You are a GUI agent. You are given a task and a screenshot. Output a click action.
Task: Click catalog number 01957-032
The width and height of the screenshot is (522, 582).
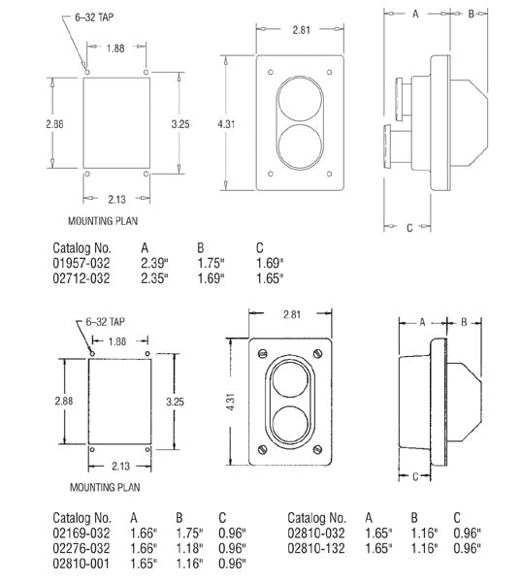(x=82, y=263)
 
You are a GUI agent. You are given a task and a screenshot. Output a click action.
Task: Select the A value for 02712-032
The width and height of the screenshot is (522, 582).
(x=154, y=278)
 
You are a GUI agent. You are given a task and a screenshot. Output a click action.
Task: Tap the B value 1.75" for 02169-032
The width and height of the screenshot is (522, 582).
(x=189, y=533)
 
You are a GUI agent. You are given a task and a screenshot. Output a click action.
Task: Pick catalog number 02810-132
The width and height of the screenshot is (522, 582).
(x=316, y=548)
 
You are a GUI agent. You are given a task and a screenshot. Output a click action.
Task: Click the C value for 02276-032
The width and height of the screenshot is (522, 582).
(x=232, y=548)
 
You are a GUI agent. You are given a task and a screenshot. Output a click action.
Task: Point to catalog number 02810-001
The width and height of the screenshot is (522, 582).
(x=82, y=563)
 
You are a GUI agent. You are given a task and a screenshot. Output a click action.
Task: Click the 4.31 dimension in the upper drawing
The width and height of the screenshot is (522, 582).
(x=226, y=123)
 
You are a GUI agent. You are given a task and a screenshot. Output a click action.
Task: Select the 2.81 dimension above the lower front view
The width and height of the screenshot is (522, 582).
(x=292, y=314)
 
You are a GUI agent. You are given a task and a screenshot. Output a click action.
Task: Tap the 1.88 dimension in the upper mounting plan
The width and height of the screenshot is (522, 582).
(x=115, y=48)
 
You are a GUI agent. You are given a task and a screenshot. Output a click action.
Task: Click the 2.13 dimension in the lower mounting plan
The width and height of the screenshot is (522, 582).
(x=120, y=466)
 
